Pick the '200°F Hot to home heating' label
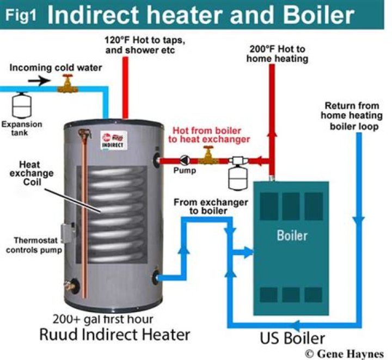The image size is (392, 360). point(278,53)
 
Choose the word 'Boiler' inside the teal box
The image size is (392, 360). point(292,236)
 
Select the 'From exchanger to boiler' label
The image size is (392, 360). point(211,207)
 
